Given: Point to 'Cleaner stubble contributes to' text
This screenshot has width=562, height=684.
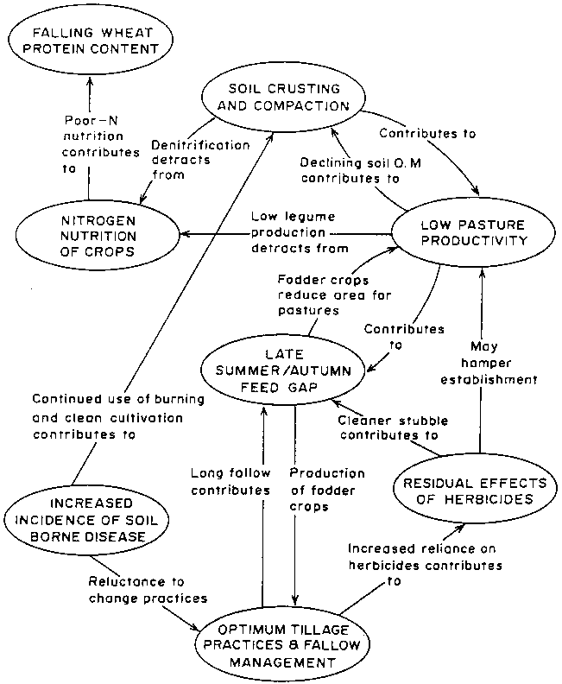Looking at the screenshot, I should [x=388, y=427].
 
